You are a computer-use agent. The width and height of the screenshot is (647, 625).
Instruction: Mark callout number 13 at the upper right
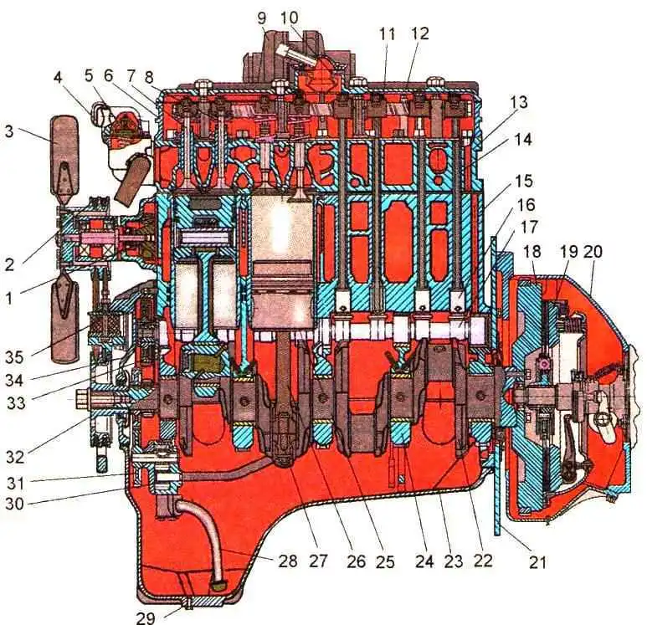tap(519, 101)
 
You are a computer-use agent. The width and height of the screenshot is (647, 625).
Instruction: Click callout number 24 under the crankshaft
tap(424, 562)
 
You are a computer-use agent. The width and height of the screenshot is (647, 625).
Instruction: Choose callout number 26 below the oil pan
tap(357, 562)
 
